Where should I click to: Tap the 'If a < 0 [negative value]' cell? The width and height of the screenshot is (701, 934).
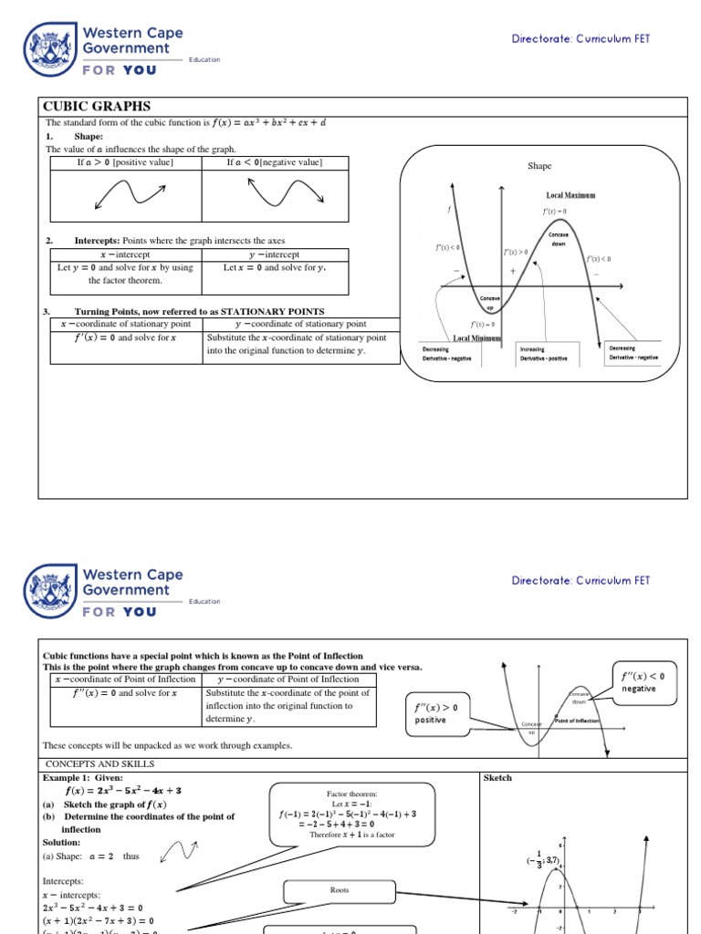point(274,162)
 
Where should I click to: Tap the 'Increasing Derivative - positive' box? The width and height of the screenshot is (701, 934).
point(544,353)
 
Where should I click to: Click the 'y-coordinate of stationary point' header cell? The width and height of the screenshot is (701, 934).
point(300,324)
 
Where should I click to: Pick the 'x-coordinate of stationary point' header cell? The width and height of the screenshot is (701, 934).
point(125,324)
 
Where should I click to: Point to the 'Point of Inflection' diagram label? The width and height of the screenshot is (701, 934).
point(577,721)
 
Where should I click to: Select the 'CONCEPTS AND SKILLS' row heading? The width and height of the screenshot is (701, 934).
point(99,763)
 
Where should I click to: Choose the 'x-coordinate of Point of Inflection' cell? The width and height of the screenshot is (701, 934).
point(125,680)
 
